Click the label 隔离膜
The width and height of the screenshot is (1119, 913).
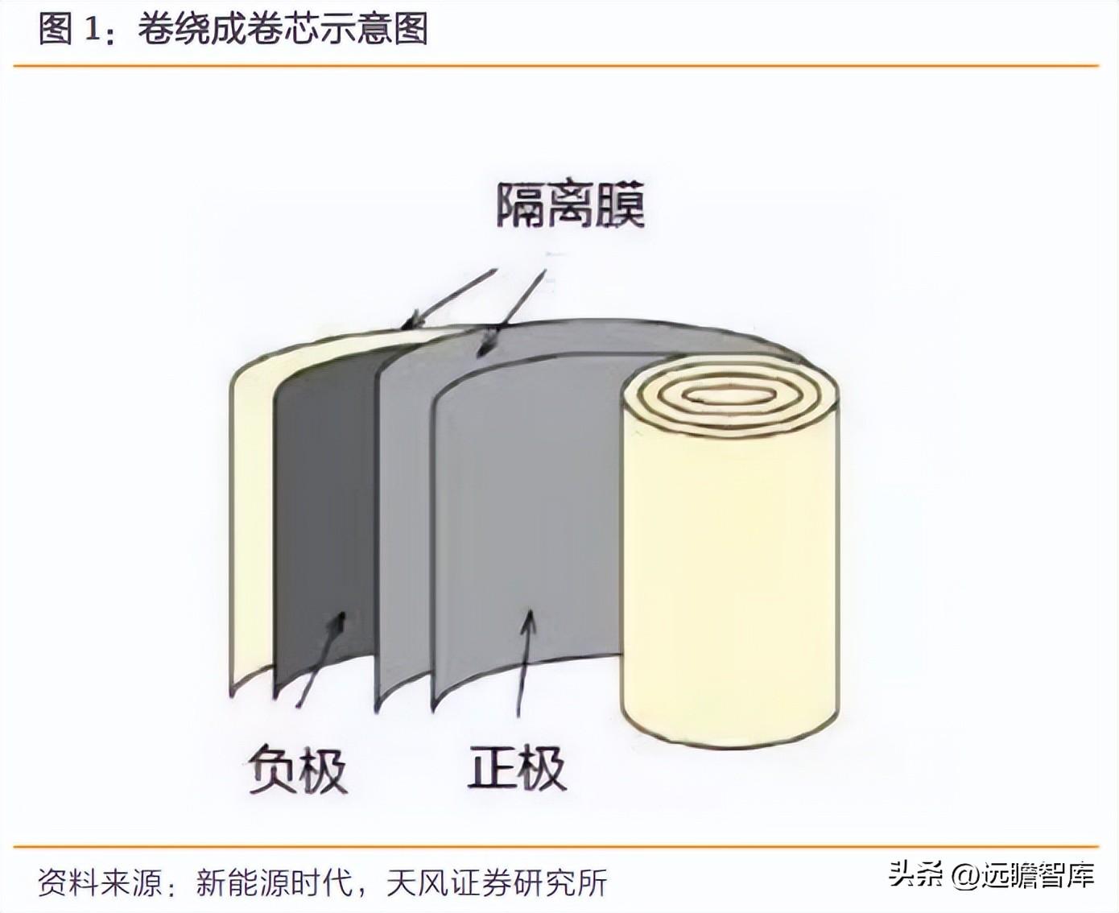[x=570, y=206]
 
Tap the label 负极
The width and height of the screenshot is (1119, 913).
[x=297, y=770]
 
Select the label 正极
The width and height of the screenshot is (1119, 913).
[x=517, y=766]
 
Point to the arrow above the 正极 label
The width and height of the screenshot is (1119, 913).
[x=524, y=660]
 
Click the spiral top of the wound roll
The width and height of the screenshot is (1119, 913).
[x=730, y=396]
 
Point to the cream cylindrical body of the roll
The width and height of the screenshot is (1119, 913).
[x=730, y=580]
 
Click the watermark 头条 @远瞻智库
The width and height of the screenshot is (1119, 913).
[x=990, y=874]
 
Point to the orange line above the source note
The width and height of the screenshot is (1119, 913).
[x=555, y=847]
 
